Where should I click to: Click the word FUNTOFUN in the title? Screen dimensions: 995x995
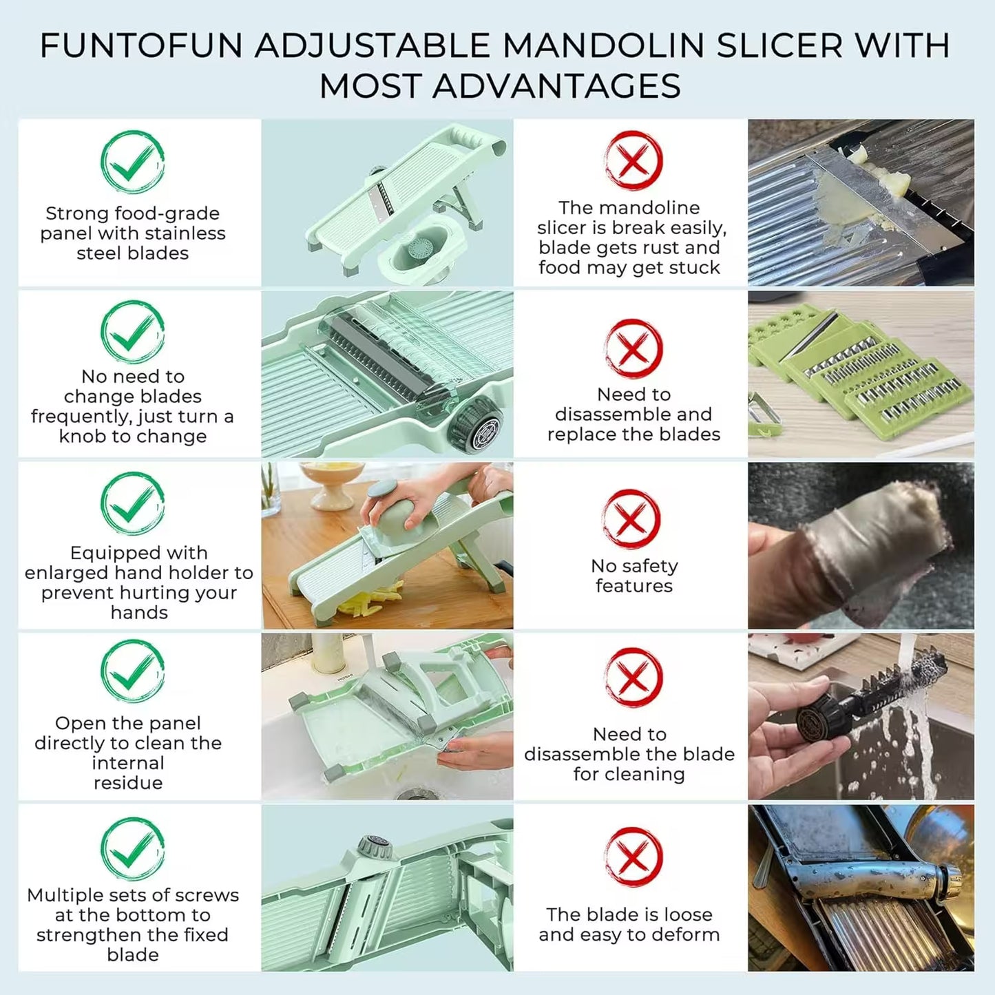(141, 46)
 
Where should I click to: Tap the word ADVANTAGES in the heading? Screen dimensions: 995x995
(557, 87)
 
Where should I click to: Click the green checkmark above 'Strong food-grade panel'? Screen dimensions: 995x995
(132, 163)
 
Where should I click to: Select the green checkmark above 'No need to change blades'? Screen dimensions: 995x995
(132, 332)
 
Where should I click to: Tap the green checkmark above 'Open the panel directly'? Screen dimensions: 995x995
(132, 671)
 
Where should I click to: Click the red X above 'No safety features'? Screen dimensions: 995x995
(631, 519)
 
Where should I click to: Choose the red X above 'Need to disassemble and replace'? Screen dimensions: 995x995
(633, 348)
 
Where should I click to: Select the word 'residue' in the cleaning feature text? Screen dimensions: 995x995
(128, 783)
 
